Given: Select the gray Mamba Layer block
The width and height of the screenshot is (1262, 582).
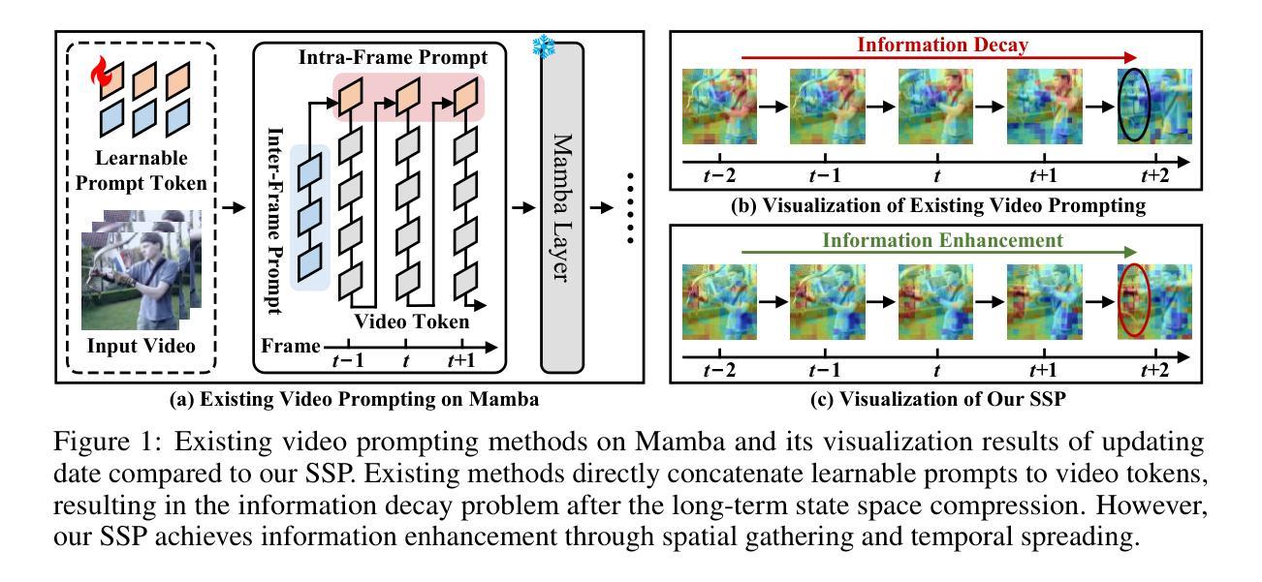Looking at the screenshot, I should coord(562,207).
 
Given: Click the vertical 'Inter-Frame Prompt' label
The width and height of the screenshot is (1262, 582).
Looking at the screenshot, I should coord(275,221).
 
